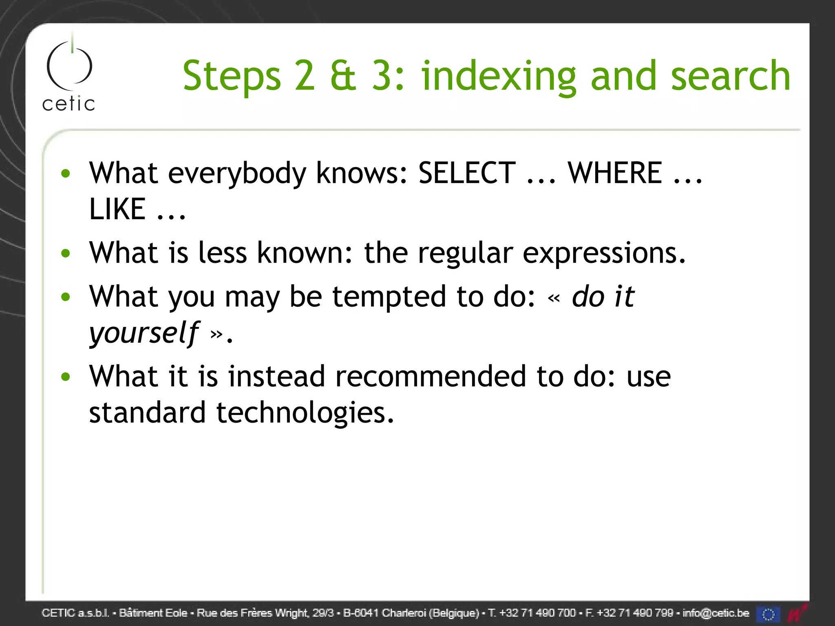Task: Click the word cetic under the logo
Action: pos(68,104)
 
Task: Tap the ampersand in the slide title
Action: pos(343,76)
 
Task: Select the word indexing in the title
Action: pos(498,77)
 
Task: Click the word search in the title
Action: pos(730,76)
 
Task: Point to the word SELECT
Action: pos(467,173)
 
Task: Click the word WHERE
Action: pos(615,173)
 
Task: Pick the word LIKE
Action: pos(117,209)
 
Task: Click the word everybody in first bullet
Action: pos(237,174)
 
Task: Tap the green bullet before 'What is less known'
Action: pos(66,253)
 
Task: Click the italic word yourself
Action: pos(144,333)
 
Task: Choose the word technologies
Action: pos(305,413)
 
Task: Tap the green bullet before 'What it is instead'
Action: pos(66,377)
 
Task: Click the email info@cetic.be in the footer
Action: pos(716,613)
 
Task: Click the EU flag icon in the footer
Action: pos(768,614)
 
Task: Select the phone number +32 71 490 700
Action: pos(537,613)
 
